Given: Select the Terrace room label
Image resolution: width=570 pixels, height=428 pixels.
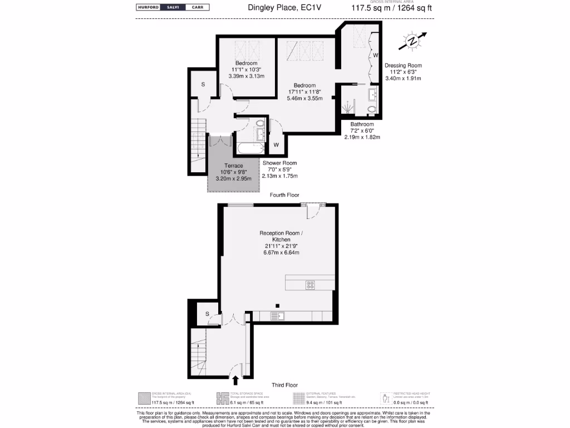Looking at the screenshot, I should coord(233,166).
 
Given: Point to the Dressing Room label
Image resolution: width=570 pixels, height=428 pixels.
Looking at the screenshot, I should coord(402,65).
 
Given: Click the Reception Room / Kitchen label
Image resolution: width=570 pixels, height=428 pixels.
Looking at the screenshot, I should coord(281,236).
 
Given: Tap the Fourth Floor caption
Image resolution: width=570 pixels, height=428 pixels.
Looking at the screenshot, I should coord(284,195).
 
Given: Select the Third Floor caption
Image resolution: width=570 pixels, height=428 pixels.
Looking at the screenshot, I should coord(284,385).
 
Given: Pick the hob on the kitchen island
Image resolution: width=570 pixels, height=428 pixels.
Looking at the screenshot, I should coord(311,285).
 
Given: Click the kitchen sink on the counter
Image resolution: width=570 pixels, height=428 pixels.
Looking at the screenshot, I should coord(278,316).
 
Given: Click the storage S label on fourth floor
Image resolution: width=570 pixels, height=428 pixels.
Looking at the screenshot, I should coord(203,84).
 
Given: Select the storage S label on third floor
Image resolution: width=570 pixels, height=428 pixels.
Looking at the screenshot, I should coord(207,314).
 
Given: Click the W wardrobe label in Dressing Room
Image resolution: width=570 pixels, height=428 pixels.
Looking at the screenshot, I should coord(375,55).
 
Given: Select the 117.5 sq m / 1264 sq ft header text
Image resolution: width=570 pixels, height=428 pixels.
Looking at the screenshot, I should coord(392,8).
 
